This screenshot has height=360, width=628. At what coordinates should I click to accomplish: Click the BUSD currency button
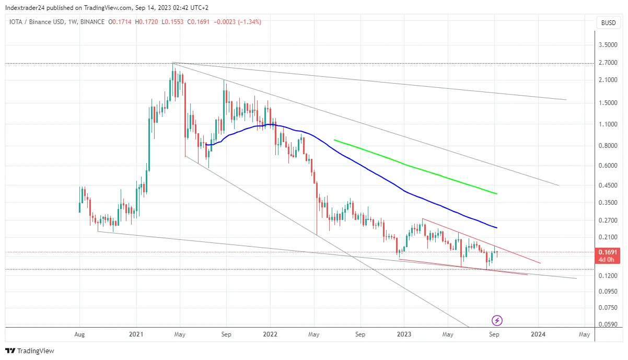tap(608, 22)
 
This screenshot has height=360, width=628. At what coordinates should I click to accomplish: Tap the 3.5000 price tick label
tap(608, 45)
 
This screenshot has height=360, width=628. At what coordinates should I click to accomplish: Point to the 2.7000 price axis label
tap(608, 63)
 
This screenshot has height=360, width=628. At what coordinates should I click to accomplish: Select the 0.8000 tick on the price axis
tap(608, 146)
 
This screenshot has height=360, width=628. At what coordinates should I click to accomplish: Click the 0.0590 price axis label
tap(608, 324)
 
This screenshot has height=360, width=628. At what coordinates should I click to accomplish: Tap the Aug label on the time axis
tap(79, 334)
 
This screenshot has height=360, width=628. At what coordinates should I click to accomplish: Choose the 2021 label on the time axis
tap(136, 334)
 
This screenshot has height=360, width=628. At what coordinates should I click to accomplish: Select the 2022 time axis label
tap(270, 334)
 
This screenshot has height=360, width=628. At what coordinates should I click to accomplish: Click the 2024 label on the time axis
tap(538, 334)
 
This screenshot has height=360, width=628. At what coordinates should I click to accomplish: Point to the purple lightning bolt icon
tap(497, 320)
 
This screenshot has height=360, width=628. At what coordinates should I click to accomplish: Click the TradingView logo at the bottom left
tap(30, 351)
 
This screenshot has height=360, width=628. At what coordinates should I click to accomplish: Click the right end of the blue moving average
tap(496, 227)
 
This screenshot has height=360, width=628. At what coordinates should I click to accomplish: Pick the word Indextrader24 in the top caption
tap(24, 8)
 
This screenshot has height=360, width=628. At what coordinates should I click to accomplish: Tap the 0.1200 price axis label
tap(608, 276)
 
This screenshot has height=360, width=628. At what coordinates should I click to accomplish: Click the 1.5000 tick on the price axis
tap(608, 103)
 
